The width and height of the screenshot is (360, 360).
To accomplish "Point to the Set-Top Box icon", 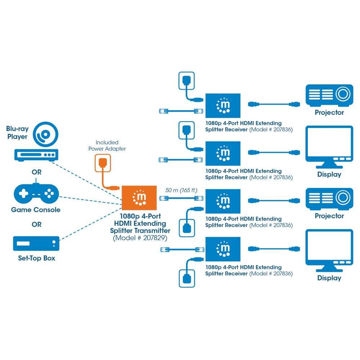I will (36, 243).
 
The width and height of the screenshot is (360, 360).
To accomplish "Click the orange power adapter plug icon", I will (102, 162).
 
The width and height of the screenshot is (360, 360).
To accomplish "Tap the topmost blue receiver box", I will (222, 105).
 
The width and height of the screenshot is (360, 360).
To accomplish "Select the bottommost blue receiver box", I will (222, 249).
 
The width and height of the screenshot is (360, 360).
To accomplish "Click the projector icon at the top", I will (329, 95).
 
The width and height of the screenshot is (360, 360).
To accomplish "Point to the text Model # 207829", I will (140, 238).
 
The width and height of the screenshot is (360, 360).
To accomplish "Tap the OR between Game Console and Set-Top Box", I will (36, 224).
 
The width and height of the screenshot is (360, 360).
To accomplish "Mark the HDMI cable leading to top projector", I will (274, 104).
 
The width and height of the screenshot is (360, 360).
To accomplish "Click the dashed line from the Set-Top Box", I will (90, 223).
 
